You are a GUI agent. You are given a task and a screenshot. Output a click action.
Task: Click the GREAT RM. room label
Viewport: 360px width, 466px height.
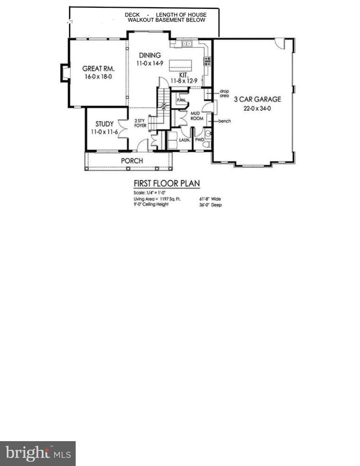point(99,69)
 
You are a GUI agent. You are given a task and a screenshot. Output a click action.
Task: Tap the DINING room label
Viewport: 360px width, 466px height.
point(150,55)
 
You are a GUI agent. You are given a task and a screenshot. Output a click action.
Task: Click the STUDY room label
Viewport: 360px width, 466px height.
point(104,124)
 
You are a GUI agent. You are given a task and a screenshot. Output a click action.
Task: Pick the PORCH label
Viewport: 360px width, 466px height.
point(132,161)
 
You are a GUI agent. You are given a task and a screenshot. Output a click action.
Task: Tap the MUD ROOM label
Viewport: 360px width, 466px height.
point(198,115)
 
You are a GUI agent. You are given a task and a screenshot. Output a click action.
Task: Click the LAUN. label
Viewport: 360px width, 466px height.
point(184,140)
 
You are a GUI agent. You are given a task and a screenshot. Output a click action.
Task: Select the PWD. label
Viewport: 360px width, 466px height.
point(199,140)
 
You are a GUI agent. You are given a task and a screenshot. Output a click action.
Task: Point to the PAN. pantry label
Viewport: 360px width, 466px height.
point(181,100)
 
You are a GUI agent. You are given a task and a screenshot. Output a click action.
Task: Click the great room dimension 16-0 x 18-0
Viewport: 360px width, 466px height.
point(98,77)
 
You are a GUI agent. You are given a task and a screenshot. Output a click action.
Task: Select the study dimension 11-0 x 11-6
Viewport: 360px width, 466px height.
point(104,132)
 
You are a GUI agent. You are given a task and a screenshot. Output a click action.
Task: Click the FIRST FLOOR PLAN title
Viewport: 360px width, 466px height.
point(166,183)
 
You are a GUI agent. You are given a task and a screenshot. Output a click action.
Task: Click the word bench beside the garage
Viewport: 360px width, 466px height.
point(224,121)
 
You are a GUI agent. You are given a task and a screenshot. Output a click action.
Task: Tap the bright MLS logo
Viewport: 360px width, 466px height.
point(38,453)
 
